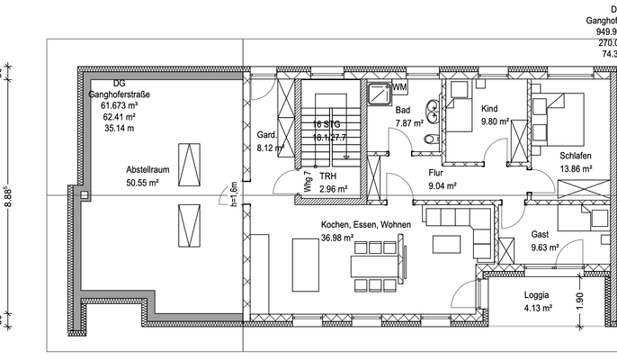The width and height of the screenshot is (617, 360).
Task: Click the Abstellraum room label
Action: pos(147,168)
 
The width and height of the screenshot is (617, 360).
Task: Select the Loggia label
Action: pos(538,295)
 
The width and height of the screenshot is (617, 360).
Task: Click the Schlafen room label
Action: pos(576,155)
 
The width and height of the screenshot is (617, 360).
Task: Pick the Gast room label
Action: pos(540,233)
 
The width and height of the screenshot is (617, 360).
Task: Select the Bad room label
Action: pos(403,111)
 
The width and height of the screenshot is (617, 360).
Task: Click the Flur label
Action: pos(436,172)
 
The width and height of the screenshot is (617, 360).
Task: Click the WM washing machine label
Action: pos(399,87)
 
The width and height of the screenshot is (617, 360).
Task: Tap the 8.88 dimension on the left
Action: pos(9,197)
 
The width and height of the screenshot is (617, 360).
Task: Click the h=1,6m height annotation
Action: pos(233,193)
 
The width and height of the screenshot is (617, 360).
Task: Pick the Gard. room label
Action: pos(266,134)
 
